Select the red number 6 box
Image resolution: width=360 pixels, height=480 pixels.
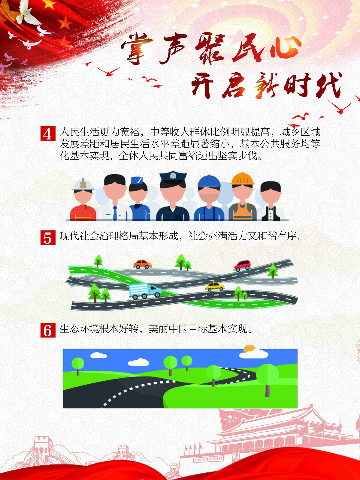tap(48, 330)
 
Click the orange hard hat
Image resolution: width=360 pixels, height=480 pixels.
tap(242, 179)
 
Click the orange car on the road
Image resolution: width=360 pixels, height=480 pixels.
tap(142, 264)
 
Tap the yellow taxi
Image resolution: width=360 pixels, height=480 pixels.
tap(215, 286)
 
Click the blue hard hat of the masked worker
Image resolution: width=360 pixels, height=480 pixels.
tap(209, 181)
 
